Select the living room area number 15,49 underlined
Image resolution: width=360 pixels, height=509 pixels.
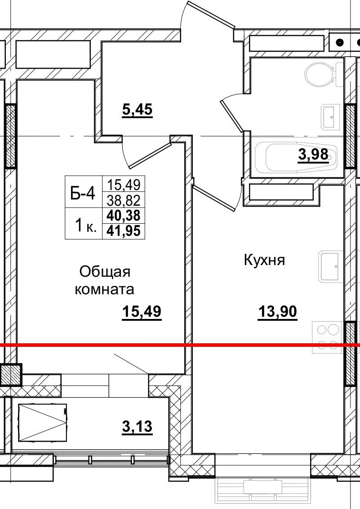point(141,311)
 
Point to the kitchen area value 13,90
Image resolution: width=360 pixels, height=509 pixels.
point(277,311)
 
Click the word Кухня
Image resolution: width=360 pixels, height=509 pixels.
point(264,260)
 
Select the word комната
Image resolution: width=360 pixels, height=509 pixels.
point(104,289)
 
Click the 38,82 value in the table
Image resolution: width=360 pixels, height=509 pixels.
point(124,199)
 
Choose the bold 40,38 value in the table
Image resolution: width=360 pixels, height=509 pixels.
point(124,216)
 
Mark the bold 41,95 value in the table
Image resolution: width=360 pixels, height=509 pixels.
point(124,231)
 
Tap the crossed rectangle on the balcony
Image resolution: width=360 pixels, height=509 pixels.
point(42,422)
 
